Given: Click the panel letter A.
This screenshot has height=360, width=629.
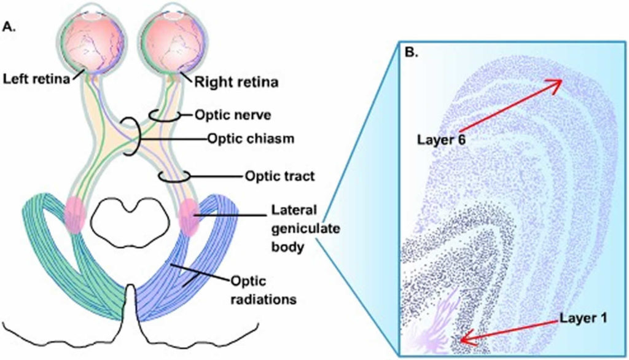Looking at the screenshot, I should [x=9, y=26].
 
